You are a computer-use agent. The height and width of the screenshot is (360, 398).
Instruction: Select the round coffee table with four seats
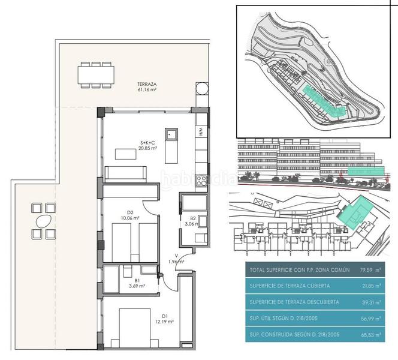point(41,221)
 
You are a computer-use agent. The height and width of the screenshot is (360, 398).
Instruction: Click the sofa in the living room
point(126,173)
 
